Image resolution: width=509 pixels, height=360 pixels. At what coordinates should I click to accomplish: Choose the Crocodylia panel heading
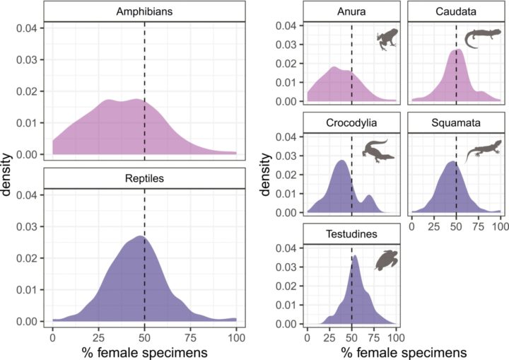click(x=351, y=122)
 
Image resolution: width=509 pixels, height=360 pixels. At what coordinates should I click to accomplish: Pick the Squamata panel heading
click(x=456, y=122)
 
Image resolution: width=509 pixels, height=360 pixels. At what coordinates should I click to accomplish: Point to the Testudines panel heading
click(x=351, y=233)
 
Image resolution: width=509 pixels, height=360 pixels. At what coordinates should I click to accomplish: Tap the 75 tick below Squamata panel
click(x=478, y=224)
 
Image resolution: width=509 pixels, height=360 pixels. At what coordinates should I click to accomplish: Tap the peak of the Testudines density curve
click(x=355, y=257)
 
